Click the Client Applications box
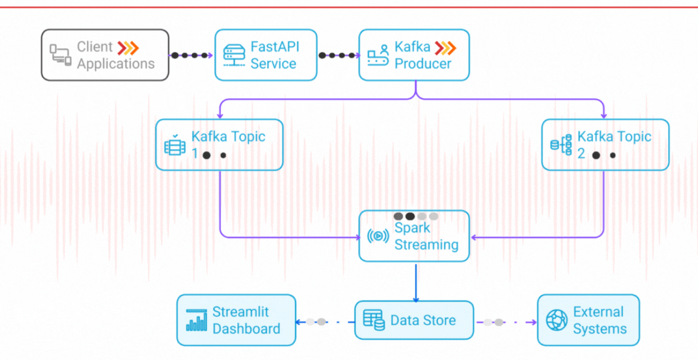105,55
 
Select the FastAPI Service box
265,55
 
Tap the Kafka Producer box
414,55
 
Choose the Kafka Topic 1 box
219,144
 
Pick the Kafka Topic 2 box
605,144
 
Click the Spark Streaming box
414,236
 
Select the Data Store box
414,320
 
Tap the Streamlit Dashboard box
236,320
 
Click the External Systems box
588,320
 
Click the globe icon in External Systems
556,320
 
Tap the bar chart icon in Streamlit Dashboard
197,320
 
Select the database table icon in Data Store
374,320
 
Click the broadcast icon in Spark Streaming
378,236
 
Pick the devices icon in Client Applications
60,56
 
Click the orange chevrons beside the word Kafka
445,47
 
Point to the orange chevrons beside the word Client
128,47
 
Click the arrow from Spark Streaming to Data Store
415,281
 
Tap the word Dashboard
246,328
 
